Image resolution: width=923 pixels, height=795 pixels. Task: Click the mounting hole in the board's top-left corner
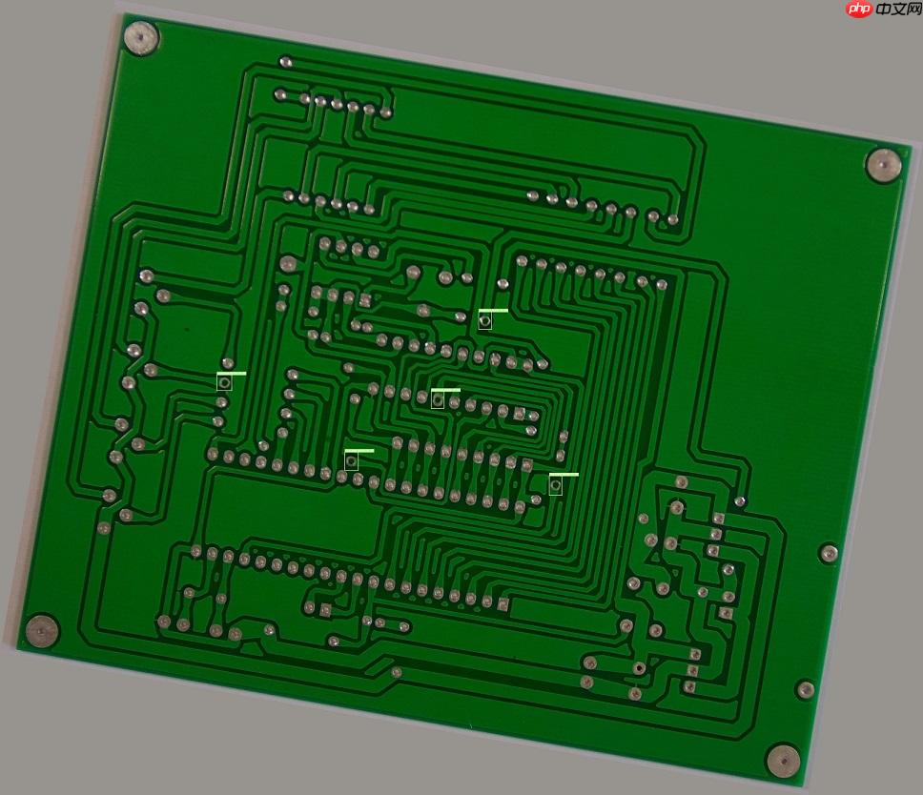(x=141, y=37)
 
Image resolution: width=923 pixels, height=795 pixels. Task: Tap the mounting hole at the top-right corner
(x=884, y=164)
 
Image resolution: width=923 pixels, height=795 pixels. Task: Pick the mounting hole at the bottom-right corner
(x=783, y=760)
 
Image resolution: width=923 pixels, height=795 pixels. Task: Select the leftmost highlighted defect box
(x=224, y=382)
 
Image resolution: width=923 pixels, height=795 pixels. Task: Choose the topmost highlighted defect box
(x=485, y=320)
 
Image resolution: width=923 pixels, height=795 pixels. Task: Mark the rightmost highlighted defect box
(x=555, y=485)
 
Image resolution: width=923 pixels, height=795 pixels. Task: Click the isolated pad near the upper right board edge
(x=829, y=553)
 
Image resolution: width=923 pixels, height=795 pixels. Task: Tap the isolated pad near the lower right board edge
(x=805, y=689)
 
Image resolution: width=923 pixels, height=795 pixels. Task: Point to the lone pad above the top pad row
(x=285, y=62)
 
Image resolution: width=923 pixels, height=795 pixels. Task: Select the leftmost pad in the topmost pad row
(x=280, y=95)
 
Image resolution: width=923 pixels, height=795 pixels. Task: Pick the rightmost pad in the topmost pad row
(x=386, y=112)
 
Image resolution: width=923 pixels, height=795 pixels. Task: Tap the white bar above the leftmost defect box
(x=231, y=373)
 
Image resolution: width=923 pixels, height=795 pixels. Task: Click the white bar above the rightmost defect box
(x=564, y=474)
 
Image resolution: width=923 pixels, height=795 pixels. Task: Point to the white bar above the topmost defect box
(x=493, y=311)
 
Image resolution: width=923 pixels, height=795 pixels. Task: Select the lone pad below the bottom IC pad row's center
(x=397, y=672)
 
